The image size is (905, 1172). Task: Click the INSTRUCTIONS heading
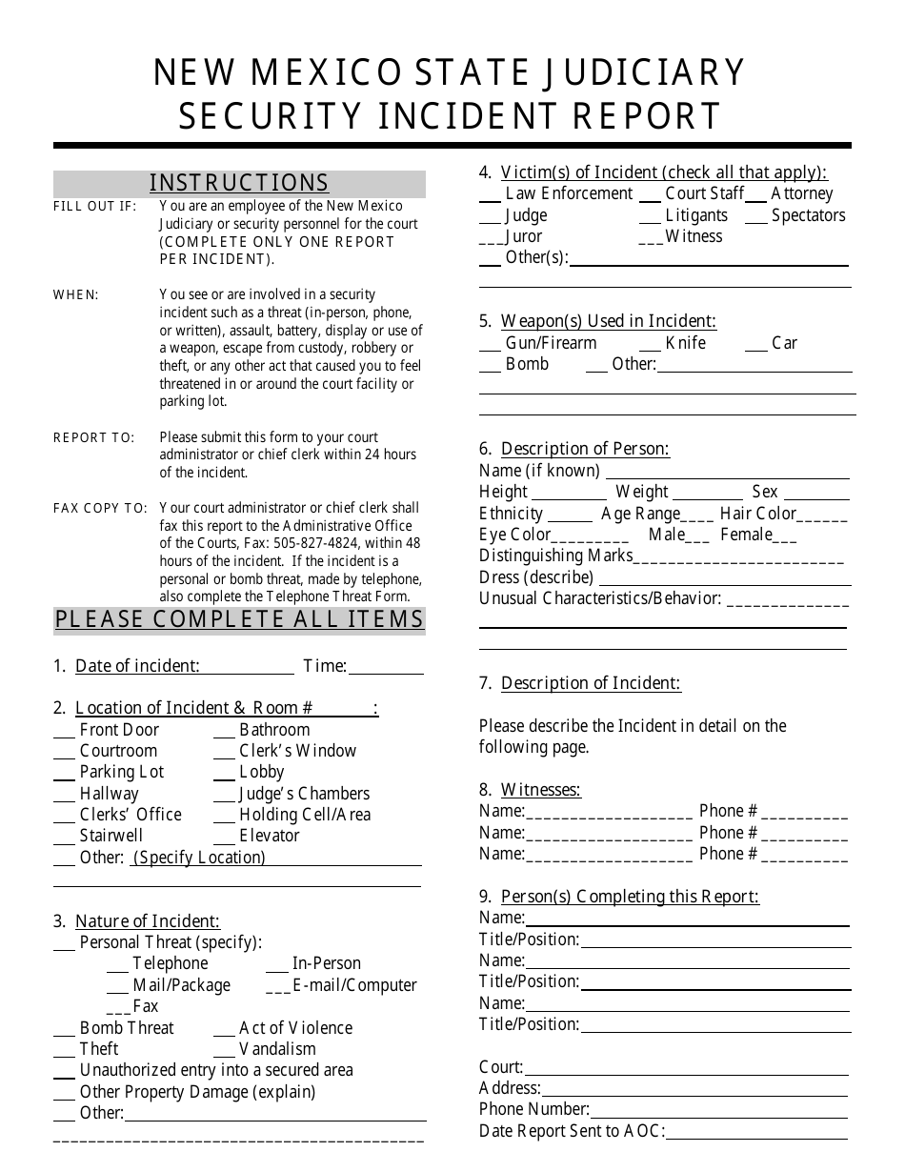pyautogui.click(x=239, y=183)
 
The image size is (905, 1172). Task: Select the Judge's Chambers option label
pyautogui.click(x=304, y=794)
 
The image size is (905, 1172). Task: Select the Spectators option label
pyautogui.click(x=808, y=215)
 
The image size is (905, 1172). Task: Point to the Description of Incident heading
pyautogui.click(x=591, y=683)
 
